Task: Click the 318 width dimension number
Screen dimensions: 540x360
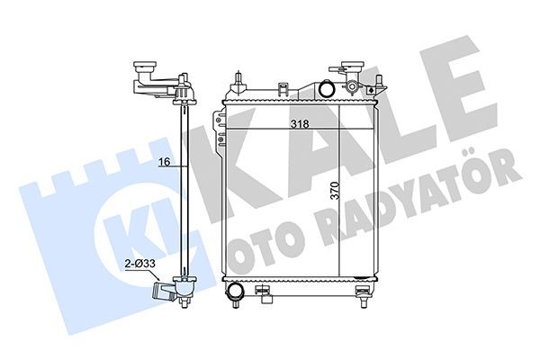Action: (x=300, y=123)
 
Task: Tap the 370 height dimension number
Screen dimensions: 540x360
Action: (x=335, y=191)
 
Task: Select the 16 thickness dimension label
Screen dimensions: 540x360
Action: (x=165, y=161)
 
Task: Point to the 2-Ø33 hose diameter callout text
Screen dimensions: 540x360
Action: (x=140, y=264)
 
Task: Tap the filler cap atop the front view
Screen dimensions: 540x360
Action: (x=352, y=66)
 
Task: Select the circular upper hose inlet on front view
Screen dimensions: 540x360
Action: (x=326, y=88)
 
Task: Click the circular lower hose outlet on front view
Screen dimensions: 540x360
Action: (x=234, y=291)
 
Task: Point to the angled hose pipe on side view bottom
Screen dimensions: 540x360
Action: (x=165, y=290)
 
